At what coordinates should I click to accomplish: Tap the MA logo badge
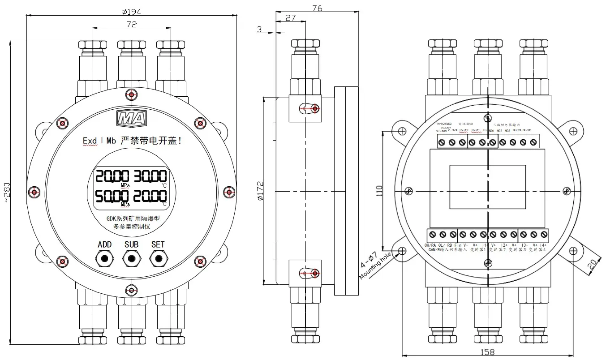coord(131,118)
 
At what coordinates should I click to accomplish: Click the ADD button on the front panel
coord(105,258)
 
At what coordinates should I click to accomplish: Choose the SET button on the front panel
coord(158,258)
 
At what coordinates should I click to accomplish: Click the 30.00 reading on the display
coord(151,177)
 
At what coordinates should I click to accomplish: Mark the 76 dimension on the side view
coord(317,8)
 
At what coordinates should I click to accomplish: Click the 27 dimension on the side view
coord(290,17)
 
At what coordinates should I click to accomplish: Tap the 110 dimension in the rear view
coord(379,191)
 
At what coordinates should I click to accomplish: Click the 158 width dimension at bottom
coord(488,353)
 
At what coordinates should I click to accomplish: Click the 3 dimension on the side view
coord(259,29)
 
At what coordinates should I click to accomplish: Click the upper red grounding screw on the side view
coord(315,109)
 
